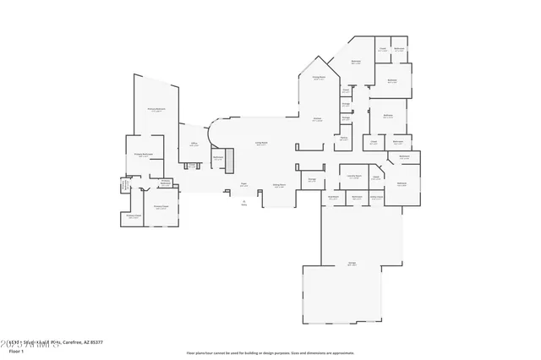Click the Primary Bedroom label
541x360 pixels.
tap(156, 110)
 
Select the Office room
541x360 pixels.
tap(194, 145)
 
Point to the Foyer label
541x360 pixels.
tap(243, 184)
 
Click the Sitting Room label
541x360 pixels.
tap(278, 185)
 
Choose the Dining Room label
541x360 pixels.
tap(319, 78)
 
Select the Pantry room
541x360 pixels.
tap(344, 139)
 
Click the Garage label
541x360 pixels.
tap(351, 265)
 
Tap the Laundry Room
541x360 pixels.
tap(355, 177)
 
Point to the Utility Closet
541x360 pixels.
tap(377, 199)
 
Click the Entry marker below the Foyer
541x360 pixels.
tap(244, 204)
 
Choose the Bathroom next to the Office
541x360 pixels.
tap(217, 158)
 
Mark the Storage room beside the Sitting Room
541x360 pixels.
tap(312, 180)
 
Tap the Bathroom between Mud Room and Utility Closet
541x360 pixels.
tap(355, 199)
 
